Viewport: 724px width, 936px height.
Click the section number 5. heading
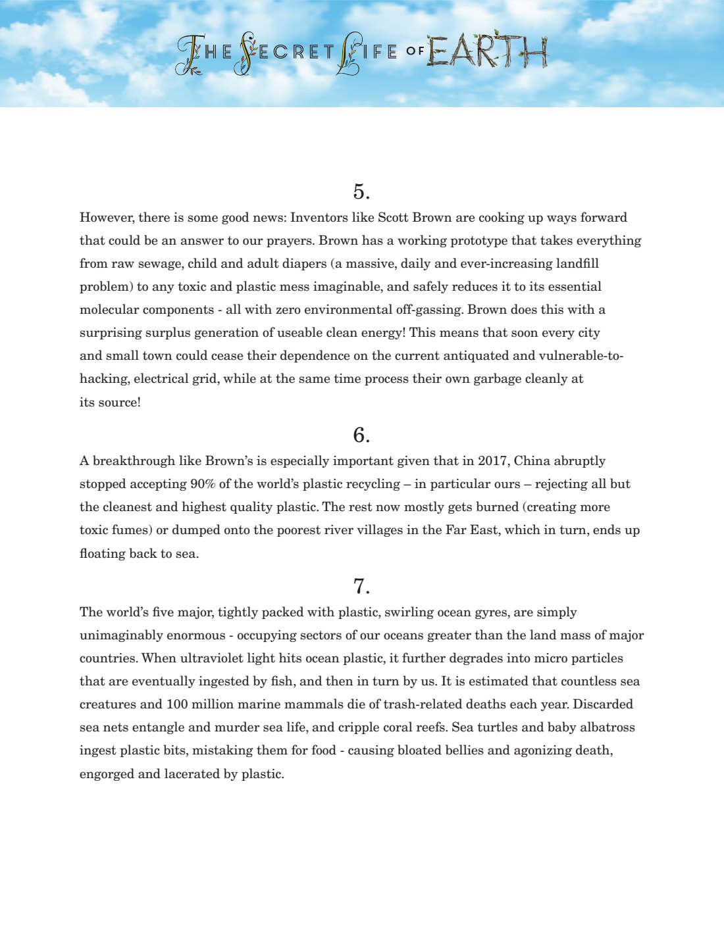tap(361, 191)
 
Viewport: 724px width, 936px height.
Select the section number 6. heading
tap(361, 435)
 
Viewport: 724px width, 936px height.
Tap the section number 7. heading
tap(361, 586)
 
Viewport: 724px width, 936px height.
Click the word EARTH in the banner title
tap(487, 51)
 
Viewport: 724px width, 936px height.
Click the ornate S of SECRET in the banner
tap(246, 53)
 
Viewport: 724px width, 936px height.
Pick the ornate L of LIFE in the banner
tap(347, 53)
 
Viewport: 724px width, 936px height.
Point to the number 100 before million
tap(177, 704)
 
